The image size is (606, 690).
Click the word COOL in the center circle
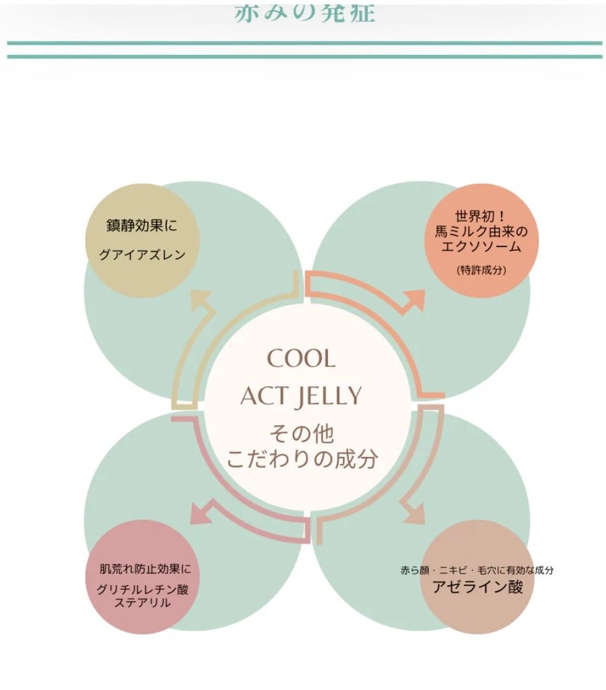(x=301, y=359)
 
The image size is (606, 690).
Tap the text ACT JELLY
(x=301, y=396)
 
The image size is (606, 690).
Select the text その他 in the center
(x=302, y=435)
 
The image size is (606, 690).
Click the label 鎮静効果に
(x=142, y=226)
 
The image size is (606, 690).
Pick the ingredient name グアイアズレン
(x=142, y=255)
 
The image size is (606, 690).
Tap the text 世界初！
(x=482, y=216)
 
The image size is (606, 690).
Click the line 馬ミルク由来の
(x=482, y=232)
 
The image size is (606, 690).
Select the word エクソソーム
(x=482, y=247)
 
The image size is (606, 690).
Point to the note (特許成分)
(x=482, y=270)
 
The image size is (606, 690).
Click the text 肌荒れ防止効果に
(x=145, y=569)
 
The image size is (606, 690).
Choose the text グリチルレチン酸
(x=142, y=589)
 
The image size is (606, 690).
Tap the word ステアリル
(x=142, y=603)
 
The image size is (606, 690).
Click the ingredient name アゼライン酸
(x=477, y=587)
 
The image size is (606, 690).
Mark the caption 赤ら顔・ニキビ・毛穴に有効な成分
(x=477, y=570)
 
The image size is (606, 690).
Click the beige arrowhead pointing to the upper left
(x=203, y=299)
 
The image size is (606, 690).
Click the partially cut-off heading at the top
(x=304, y=13)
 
